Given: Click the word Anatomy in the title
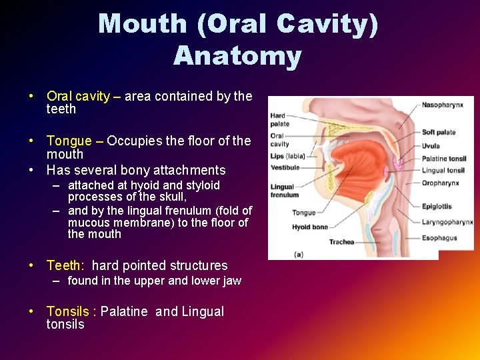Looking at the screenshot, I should pyautogui.click(x=237, y=56).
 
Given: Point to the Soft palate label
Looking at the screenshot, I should pyautogui.click(x=439, y=132).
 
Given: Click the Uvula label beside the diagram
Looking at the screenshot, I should pyautogui.click(x=431, y=146).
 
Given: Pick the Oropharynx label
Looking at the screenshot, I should pyautogui.click(x=440, y=183).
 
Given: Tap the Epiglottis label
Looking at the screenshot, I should pyautogui.click(x=437, y=207).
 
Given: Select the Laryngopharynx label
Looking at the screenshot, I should pyautogui.click(x=447, y=221).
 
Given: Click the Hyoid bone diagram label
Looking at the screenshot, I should pyautogui.click(x=310, y=227).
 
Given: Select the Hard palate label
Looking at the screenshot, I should pyautogui.click(x=279, y=119).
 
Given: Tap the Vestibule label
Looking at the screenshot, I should pyautogui.click(x=285, y=167).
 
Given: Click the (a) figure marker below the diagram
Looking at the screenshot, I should pyautogui.click(x=279, y=253).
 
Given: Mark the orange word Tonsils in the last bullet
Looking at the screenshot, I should pyautogui.click(x=68, y=311).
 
